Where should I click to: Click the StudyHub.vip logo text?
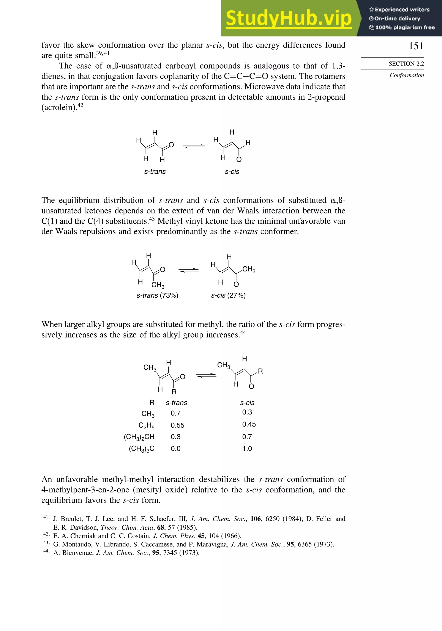289,18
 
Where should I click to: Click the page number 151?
416,46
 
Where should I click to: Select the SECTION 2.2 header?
406,64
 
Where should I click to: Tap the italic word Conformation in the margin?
407,75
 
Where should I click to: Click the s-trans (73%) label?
157,295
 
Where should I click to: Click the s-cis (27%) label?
228,295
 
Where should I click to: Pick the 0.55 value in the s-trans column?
177,425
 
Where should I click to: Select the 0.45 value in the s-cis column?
249,424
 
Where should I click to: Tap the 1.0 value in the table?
247,449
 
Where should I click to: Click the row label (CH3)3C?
142,449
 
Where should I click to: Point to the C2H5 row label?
146,426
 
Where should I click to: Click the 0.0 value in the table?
175,449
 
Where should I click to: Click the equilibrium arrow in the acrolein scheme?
194,146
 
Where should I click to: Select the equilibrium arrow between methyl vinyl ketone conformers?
189,270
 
